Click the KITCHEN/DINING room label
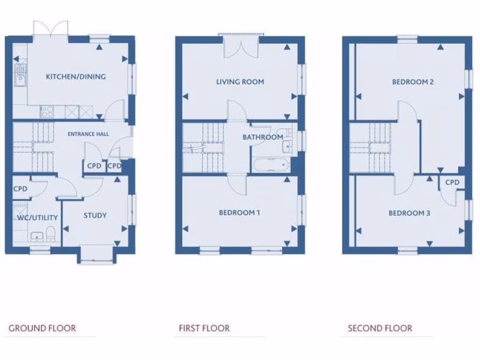click(75, 76)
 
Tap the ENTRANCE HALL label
click(88, 134)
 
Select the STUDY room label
click(95, 216)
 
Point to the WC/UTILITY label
click(37, 217)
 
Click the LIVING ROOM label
click(240, 82)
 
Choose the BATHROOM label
click(262, 137)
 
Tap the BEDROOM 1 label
click(240, 213)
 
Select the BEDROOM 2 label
click(413, 82)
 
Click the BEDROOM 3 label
click(409, 213)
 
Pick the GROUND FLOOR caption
click(42, 328)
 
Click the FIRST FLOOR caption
click(204, 328)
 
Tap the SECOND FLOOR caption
click(380, 328)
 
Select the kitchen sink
click(20, 80)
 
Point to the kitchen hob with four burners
click(47, 112)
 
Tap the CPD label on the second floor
click(452, 182)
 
